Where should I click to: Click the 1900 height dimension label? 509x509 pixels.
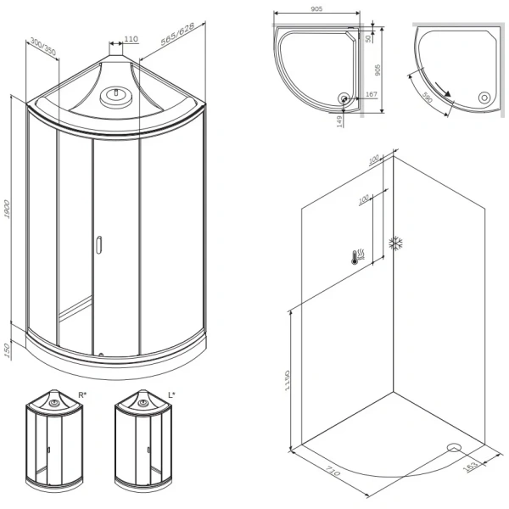[7, 209]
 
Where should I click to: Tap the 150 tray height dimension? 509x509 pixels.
[8, 350]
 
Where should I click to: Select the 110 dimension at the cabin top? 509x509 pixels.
[131, 39]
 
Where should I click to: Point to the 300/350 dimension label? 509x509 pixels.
[43, 47]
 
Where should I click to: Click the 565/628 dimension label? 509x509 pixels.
[177, 34]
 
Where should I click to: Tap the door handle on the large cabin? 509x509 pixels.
[98, 244]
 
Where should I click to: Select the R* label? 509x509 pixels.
[82, 395]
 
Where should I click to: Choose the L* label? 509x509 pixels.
[171, 395]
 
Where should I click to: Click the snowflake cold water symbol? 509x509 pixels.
[396, 243]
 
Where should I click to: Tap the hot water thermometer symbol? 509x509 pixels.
[358, 257]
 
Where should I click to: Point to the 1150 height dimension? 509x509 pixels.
[287, 380]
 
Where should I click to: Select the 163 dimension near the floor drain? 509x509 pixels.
[470, 466]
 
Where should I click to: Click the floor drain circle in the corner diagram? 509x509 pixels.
[454, 448]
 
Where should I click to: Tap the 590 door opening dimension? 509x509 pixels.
[428, 97]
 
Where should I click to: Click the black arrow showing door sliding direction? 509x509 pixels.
[443, 89]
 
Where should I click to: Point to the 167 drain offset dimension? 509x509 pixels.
[372, 94]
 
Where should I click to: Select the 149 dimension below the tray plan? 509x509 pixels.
[339, 121]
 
